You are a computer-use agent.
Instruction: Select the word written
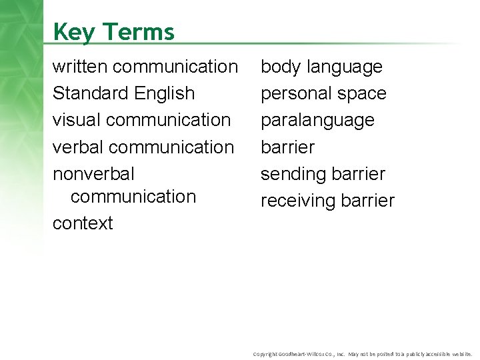click(x=81, y=67)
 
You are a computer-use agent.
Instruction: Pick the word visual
click(x=73, y=119)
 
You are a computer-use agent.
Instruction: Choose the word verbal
click(x=76, y=146)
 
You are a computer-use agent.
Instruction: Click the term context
click(x=83, y=223)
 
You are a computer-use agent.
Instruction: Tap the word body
click(x=281, y=67)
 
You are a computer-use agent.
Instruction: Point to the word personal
click(x=294, y=94)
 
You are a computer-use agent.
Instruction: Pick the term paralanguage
click(x=317, y=121)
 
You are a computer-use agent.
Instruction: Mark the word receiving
click(x=298, y=201)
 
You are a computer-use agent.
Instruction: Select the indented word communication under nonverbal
click(x=133, y=197)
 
